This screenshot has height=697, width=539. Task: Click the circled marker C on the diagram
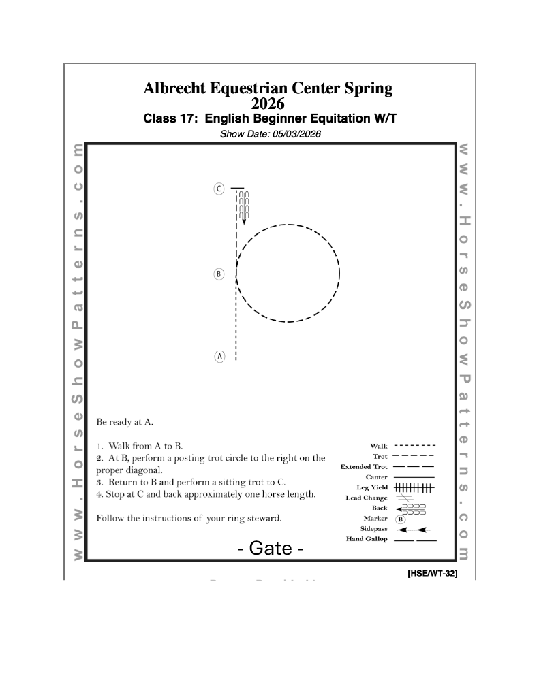point(219,189)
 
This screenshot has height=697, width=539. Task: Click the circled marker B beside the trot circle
point(219,274)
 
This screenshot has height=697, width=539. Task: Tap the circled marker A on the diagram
point(219,356)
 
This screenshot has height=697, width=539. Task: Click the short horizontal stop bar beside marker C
point(237,188)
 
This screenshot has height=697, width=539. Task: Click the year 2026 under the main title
point(268,104)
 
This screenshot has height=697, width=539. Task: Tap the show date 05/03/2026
point(292,134)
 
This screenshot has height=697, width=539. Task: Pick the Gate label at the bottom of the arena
point(271,548)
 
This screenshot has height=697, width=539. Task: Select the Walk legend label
point(378,447)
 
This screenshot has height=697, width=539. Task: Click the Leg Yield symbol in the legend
point(415,488)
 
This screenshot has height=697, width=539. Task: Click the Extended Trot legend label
point(364,467)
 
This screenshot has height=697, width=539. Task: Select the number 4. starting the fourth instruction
point(100,493)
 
